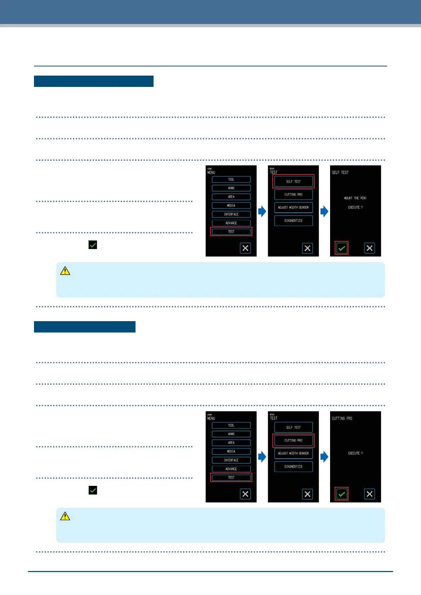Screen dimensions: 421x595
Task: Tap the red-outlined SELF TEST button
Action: click(x=293, y=182)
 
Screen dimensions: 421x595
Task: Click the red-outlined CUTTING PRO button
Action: click(x=293, y=441)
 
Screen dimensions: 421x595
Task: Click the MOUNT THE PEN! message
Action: click(x=355, y=198)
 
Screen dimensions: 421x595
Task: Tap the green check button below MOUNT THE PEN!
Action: click(x=341, y=248)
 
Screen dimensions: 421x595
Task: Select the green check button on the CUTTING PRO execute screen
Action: click(x=341, y=494)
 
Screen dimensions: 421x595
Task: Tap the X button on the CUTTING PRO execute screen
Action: click(x=369, y=494)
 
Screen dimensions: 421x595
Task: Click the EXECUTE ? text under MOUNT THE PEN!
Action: click(x=355, y=207)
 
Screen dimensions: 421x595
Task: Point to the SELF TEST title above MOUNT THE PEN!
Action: click(x=340, y=172)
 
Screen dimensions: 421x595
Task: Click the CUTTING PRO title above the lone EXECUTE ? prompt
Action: click(x=342, y=418)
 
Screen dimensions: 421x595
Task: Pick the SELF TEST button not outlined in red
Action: click(x=293, y=428)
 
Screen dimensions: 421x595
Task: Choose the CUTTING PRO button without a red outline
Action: click(x=293, y=195)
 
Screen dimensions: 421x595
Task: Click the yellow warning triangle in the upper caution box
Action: click(x=65, y=271)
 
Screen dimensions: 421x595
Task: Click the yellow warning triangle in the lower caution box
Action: click(x=65, y=517)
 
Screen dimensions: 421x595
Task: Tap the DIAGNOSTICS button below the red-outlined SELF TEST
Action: click(x=293, y=221)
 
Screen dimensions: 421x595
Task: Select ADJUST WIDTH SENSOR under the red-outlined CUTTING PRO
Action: click(x=293, y=453)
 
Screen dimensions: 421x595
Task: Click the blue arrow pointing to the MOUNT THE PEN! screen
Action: click(x=324, y=211)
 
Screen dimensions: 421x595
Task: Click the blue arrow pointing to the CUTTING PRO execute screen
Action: click(x=324, y=457)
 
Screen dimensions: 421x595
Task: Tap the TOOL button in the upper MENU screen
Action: click(x=231, y=179)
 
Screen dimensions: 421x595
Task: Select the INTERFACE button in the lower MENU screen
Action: click(x=231, y=460)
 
